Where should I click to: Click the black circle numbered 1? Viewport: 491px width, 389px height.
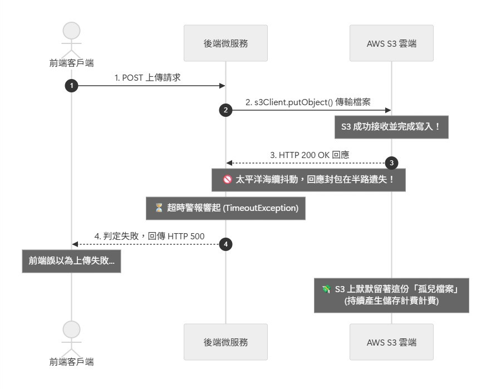(x=71, y=86)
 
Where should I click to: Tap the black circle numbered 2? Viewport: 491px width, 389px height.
(x=225, y=110)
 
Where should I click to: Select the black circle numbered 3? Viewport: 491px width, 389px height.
(x=391, y=163)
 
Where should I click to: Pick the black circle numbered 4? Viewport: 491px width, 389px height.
(x=225, y=244)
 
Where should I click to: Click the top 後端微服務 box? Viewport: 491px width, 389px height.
(x=225, y=43)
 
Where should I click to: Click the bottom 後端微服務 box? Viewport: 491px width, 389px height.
(x=225, y=342)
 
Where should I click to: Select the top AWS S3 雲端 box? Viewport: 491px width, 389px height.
(x=391, y=43)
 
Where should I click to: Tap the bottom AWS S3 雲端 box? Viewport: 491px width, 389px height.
(x=391, y=342)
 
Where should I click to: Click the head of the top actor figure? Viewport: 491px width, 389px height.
(x=71, y=31)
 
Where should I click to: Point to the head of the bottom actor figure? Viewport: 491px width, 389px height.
(x=71, y=329)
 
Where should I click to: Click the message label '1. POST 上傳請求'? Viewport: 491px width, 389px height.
(x=148, y=77)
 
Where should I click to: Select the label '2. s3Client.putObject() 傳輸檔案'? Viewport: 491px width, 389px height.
(x=308, y=102)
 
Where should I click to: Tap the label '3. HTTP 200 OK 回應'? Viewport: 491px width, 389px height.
(x=310, y=155)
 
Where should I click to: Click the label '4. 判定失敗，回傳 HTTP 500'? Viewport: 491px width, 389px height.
(x=149, y=236)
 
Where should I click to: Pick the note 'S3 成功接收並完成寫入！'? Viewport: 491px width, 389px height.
(x=391, y=127)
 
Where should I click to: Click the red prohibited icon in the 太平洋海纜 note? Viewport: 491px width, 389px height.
(x=227, y=179)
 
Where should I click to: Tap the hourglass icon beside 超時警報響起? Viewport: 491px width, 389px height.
(x=159, y=208)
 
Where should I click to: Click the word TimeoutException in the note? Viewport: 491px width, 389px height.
(x=260, y=208)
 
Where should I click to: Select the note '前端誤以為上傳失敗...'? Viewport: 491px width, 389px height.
(x=71, y=261)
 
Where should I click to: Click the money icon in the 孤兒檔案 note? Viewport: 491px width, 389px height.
(x=326, y=289)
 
